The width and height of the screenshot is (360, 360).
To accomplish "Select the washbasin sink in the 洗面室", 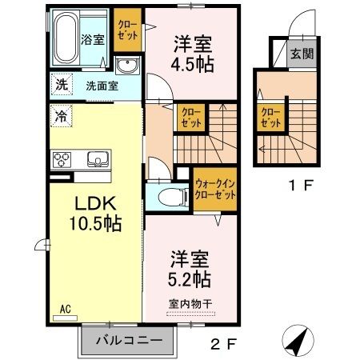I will point(126,66).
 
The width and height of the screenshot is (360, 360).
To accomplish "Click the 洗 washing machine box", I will point(62,84).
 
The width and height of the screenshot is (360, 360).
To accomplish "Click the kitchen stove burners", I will point(62,159).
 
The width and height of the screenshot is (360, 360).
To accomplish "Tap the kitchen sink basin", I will point(96,157).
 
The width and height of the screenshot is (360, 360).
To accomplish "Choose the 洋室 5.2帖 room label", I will point(189,269).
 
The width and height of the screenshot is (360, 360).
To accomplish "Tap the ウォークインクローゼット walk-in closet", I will point(215,190).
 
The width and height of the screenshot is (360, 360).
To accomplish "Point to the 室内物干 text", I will point(190,303).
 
